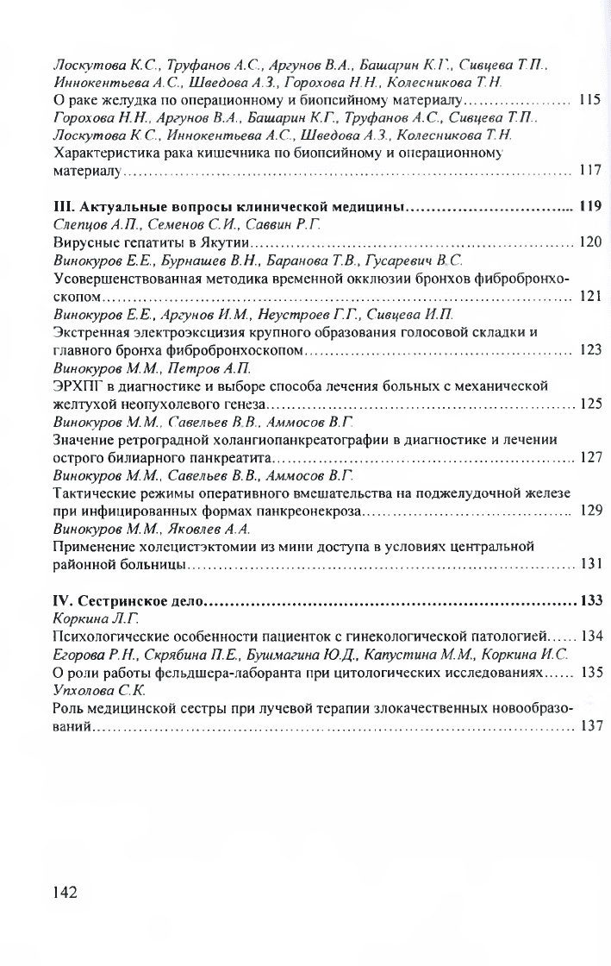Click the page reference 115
589,99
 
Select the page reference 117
589,170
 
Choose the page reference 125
589,403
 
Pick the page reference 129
589,510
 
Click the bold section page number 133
589,599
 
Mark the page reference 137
589,725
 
